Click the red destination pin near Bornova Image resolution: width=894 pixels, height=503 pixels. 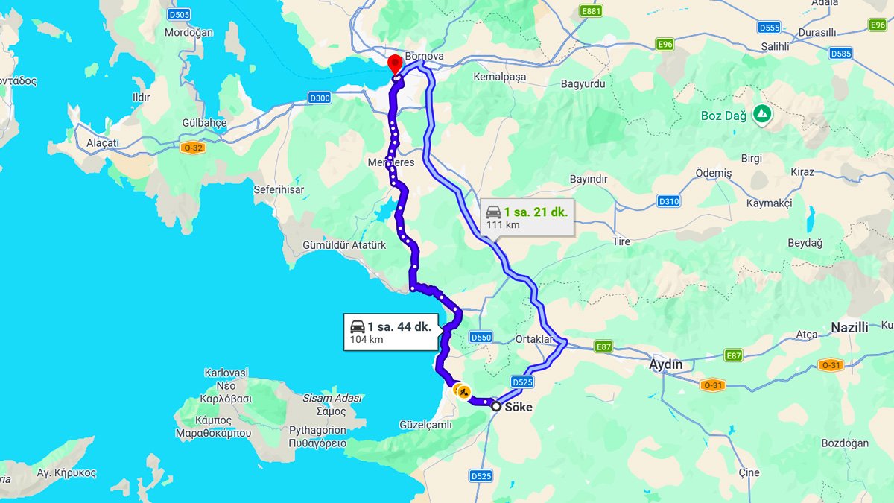pyautogui.click(x=395, y=64)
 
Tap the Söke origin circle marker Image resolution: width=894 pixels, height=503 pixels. pyautogui.click(x=495, y=406)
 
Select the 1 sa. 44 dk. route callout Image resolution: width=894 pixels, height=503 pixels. pyautogui.click(x=391, y=332)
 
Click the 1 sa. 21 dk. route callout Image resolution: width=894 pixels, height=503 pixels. pyautogui.click(x=527, y=217)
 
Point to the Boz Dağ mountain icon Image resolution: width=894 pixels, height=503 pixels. pyautogui.click(x=761, y=114)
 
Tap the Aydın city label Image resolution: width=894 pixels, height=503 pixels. pyautogui.click(x=665, y=364)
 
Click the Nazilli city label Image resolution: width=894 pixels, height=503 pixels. pyautogui.click(x=850, y=327)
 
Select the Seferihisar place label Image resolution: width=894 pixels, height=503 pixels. pyautogui.click(x=279, y=189)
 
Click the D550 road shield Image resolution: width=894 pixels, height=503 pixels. pyautogui.click(x=481, y=338)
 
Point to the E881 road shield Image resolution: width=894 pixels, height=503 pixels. pyautogui.click(x=591, y=11)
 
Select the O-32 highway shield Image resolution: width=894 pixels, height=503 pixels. pyautogui.click(x=192, y=148)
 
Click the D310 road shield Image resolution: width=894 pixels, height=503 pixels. pyautogui.click(x=669, y=201)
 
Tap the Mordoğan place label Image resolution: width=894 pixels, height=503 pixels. pyautogui.click(x=188, y=33)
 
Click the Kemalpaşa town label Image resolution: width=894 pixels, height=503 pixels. pyautogui.click(x=500, y=77)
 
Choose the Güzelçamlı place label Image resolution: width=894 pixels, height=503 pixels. pyautogui.click(x=426, y=425)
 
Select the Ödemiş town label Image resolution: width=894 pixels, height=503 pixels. pyautogui.click(x=713, y=173)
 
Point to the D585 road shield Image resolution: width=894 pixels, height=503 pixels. pyautogui.click(x=840, y=54)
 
